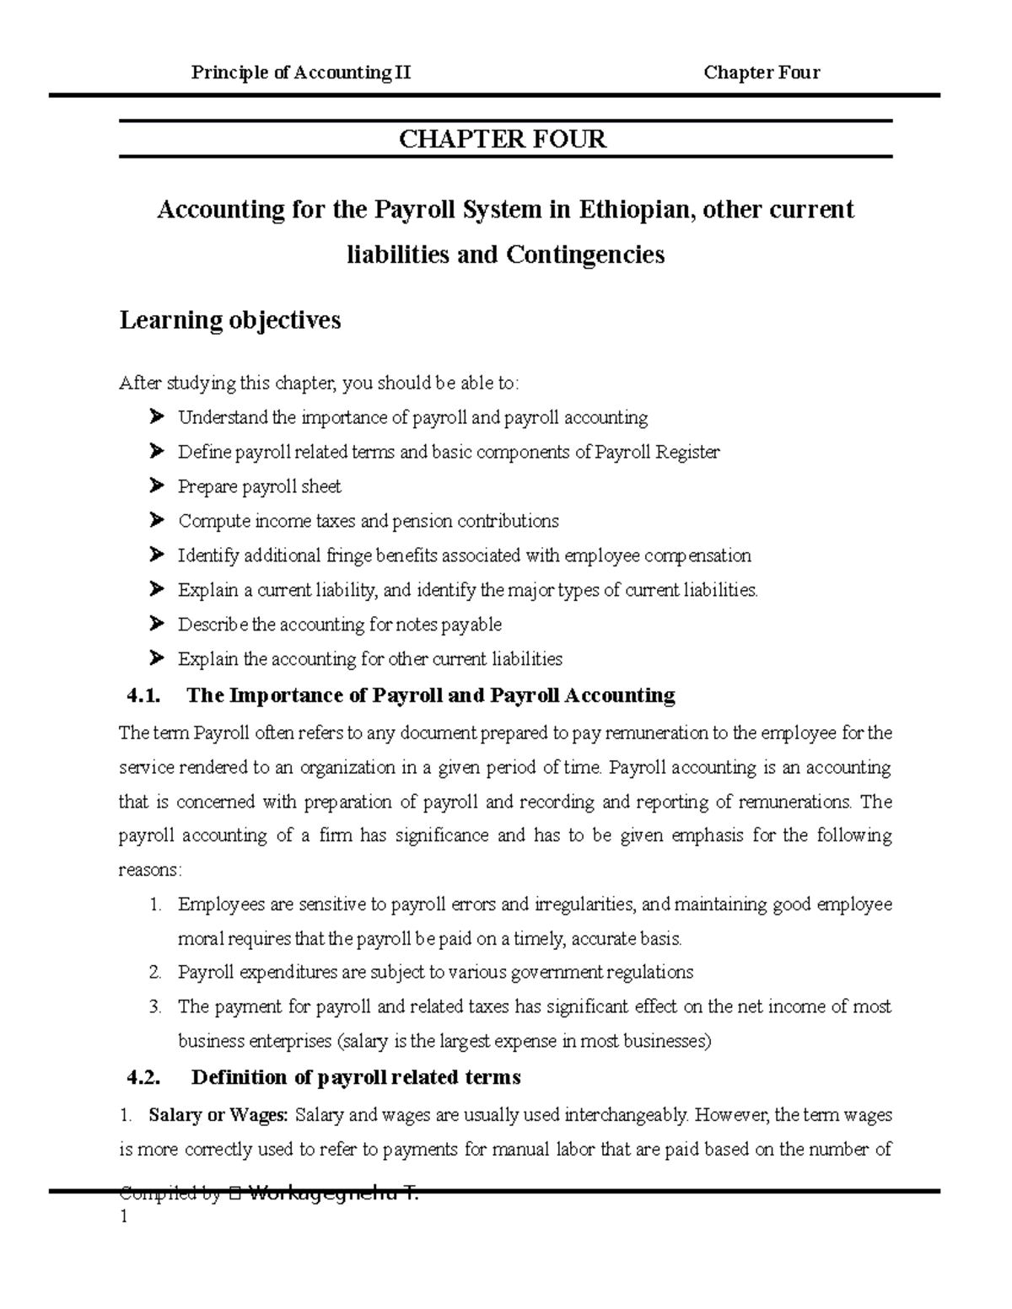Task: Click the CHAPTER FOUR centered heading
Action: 503,139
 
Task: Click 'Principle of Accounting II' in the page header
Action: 301,72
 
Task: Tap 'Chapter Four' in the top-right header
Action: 762,72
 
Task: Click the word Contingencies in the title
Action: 584,255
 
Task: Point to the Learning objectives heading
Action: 230,320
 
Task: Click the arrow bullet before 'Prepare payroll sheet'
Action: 155,486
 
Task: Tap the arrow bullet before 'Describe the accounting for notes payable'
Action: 155,625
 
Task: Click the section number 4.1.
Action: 142,696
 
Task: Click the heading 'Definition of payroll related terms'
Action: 356,1078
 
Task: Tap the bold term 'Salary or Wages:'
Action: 218,1116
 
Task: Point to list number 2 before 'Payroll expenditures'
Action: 154,973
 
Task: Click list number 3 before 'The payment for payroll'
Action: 154,1007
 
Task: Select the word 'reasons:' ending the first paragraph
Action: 150,870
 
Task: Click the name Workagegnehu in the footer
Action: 324,1194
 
